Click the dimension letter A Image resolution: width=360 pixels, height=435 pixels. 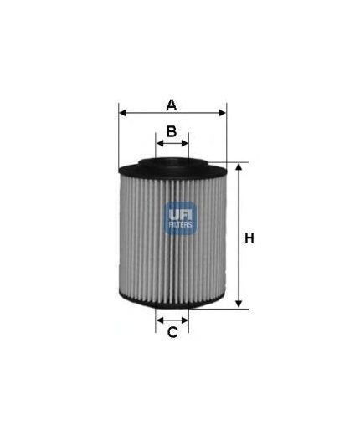pos(172,105)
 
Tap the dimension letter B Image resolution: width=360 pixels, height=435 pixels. pos(171,130)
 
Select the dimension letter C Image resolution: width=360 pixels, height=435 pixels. pos(172,334)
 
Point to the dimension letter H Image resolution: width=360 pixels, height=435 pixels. pos(249,238)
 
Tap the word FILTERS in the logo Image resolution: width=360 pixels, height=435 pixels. pos(180,225)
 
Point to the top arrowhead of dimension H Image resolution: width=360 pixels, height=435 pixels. pos(238,167)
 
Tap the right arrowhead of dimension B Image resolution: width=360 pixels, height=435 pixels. pos(186,143)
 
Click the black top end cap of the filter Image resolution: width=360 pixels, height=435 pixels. pos(172,166)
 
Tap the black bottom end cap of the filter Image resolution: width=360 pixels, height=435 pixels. pos(172,304)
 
